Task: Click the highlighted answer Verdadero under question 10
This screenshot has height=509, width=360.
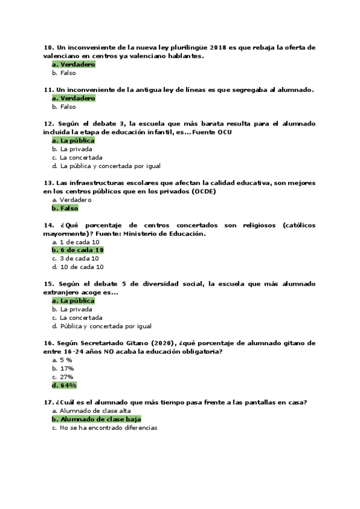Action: click(74, 64)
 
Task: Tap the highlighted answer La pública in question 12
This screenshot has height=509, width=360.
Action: click(73, 140)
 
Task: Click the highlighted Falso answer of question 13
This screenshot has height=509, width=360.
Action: click(65, 208)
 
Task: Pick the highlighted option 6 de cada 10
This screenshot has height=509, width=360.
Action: click(79, 250)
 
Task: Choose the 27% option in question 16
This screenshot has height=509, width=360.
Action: click(67, 377)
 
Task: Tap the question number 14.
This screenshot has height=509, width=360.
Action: click(49, 225)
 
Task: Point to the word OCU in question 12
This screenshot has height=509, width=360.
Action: click(224, 131)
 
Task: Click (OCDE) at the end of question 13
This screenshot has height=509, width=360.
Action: click(203, 191)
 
